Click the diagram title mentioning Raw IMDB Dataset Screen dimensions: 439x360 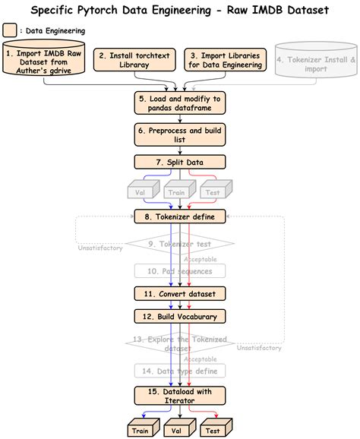coord(180,10)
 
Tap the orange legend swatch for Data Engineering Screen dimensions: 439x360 coord(11,31)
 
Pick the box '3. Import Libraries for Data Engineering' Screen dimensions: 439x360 coord(226,60)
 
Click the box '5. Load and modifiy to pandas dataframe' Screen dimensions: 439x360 coord(180,102)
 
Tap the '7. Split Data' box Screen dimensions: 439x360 coord(180,162)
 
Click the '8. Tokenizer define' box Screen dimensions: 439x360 coord(180,217)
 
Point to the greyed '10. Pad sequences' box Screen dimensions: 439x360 coord(180,270)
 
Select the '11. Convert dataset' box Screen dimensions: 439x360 coord(180,294)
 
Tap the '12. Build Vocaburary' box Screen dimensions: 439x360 coord(180,316)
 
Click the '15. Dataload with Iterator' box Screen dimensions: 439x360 coord(180,396)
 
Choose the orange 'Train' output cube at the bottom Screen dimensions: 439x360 coord(140,429)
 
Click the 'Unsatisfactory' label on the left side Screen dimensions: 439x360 coord(100,247)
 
